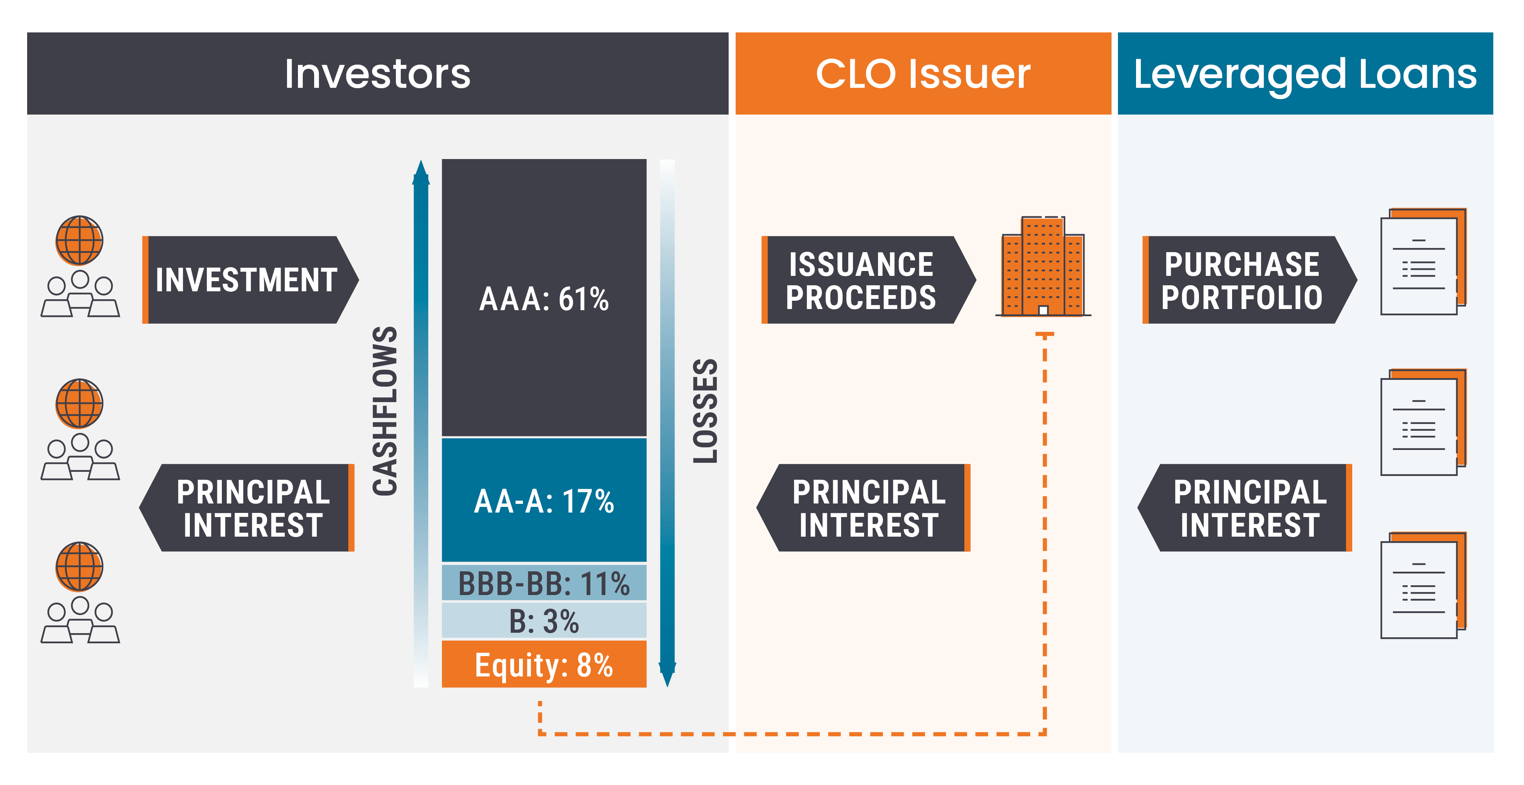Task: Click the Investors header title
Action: pos(377,74)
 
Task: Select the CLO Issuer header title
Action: pos(922,74)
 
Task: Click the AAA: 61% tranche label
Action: pos(544,298)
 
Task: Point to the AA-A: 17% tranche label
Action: pos(544,501)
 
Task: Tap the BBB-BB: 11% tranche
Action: pos(544,583)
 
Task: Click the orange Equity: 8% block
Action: pos(544,664)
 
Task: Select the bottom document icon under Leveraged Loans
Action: pos(1423,585)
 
